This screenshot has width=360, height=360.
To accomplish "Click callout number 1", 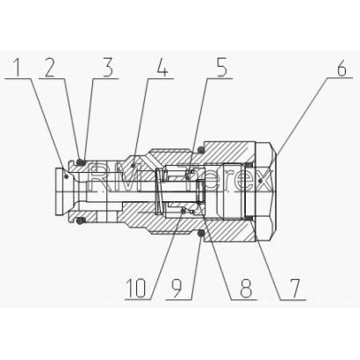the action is point(18,68).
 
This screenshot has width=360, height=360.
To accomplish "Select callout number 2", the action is point(50,68).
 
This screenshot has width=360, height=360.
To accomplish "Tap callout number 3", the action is point(108,68).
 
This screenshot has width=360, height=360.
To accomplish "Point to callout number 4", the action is point(162,68).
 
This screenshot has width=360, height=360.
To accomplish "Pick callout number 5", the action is point(221,68).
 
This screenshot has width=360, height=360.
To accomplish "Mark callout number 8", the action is point(246,288).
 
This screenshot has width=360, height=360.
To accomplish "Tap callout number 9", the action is point(177,288).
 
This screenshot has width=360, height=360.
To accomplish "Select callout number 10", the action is point(136,288).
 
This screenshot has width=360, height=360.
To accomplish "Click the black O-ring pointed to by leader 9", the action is point(201,234).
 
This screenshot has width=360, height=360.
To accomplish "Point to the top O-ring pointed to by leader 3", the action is point(81,162).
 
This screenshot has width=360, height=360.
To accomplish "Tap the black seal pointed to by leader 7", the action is point(249,218).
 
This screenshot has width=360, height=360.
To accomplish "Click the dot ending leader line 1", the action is point(67,176).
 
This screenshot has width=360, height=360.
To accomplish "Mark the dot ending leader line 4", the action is point(133,166).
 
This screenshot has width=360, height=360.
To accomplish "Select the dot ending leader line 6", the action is point(261,181).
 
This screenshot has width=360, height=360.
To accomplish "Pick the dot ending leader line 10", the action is point(184,210).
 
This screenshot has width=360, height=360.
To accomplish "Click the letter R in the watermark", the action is point(98,177).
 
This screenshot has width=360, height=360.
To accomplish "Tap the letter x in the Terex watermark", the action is point(263,182).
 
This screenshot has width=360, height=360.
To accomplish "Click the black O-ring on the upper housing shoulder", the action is point(201,150).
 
